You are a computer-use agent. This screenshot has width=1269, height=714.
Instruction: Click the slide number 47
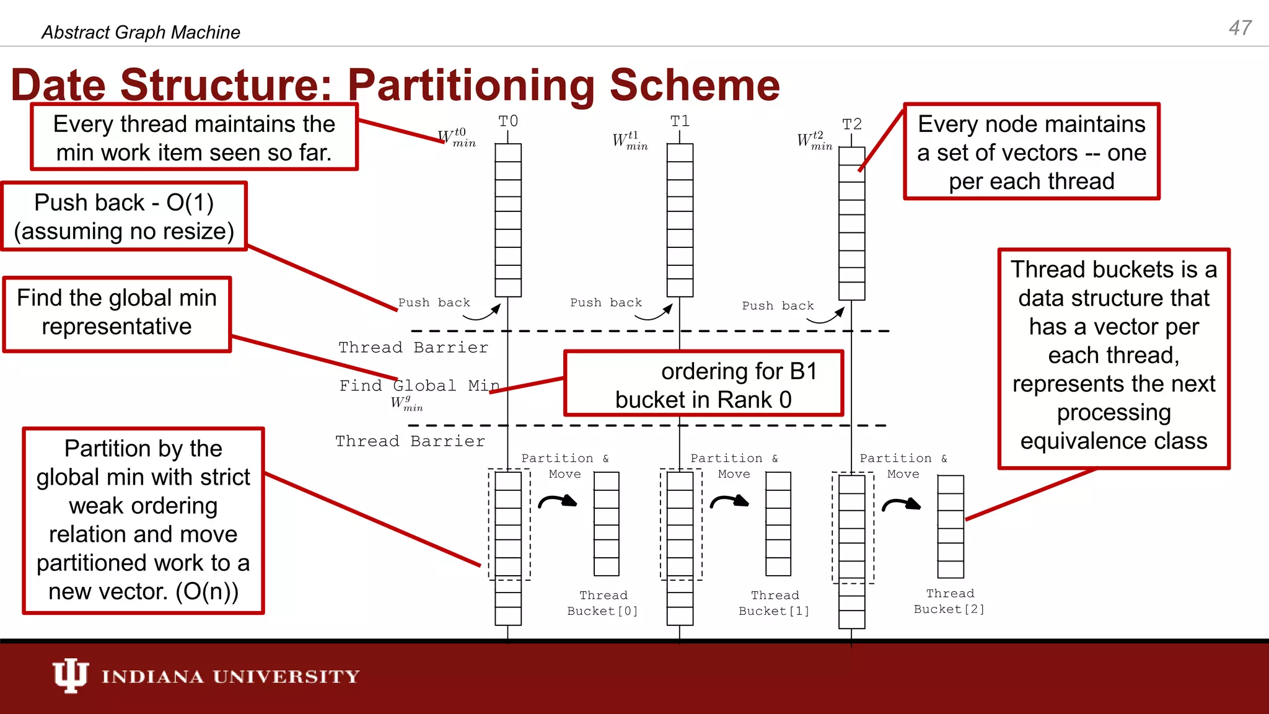[x=1240, y=28]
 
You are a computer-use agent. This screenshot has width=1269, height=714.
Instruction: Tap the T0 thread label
[x=508, y=121]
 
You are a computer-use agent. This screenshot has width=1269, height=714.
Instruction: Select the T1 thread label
[x=680, y=121]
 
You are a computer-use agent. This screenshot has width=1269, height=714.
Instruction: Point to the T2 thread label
[x=852, y=125]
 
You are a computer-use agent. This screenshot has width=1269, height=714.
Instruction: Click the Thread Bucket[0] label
[x=602, y=603]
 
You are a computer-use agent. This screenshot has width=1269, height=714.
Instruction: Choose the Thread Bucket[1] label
[x=774, y=603]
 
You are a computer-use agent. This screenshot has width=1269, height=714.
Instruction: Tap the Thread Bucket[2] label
[x=949, y=601]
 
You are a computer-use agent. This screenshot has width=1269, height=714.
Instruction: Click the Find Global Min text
[x=419, y=386]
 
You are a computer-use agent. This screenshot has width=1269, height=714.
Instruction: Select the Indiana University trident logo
[x=70, y=676]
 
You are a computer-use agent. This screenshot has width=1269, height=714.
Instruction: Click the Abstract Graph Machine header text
[x=141, y=32]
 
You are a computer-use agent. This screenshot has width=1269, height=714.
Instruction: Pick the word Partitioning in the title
[x=471, y=85]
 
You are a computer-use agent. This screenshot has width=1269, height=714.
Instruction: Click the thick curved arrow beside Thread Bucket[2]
[x=902, y=505]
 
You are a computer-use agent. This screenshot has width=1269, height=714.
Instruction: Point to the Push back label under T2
[x=778, y=306]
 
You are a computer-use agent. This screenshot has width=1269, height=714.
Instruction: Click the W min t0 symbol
[x=457, y=138]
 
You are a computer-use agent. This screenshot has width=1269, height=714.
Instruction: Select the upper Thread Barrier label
[x=413, y=348]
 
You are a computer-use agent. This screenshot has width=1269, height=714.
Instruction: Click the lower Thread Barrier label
[x=410, y=441]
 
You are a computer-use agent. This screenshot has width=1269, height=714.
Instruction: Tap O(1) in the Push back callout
[x=190, y=203]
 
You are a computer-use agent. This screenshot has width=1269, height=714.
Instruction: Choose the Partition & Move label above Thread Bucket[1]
[x=734, y=466]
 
